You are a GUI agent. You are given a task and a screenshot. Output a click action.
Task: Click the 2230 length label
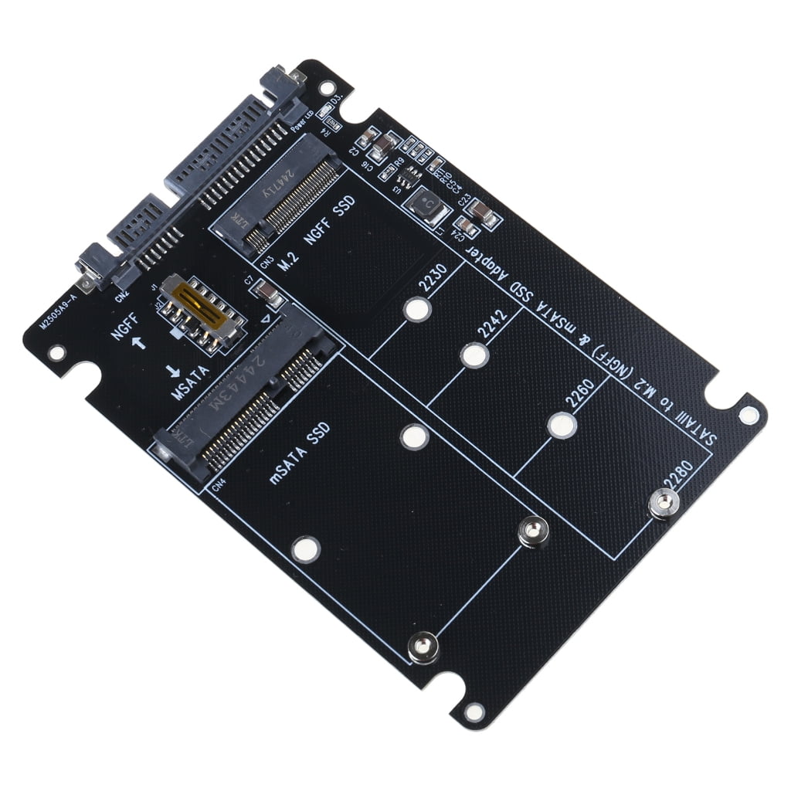coord(433,284)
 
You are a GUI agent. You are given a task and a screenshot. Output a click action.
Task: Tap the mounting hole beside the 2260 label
coord(562,426)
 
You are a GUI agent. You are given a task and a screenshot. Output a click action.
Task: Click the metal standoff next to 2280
coord(664,504)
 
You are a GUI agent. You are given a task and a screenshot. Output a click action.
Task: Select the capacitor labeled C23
coord(484,213)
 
